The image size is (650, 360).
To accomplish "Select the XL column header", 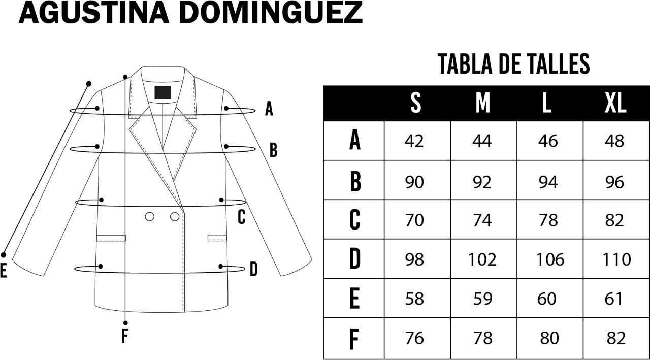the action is click(x=615, y=103).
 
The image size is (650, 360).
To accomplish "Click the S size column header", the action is click(x=416, y=103).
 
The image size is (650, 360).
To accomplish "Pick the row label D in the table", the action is click(x=354, y=258).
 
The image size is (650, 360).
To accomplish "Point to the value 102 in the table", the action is click(x=482, y=259).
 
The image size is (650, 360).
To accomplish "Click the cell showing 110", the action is click(x=616, y=259).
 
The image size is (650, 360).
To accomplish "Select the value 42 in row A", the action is click(x=414, y=141).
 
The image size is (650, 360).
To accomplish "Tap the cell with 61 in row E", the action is click(x=613, y=299).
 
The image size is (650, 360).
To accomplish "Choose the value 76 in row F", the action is click(x=415, y=338).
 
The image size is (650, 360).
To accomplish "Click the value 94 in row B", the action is click(x=548, y=182).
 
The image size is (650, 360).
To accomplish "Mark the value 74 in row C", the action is click(x=482, y=220).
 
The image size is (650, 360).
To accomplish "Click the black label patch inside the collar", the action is click(x=162, y=92).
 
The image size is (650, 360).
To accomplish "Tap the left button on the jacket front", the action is click(x=149, y=217).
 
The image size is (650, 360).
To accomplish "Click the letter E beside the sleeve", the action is click(x=3, y=271).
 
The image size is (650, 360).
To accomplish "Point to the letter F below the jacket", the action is click(x=124, y=336).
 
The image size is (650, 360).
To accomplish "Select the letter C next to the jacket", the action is click(x=241, y=217).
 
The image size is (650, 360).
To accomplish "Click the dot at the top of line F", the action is click(x=125, y=77).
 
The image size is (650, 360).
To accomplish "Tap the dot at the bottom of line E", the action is click(x=3, y=255).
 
